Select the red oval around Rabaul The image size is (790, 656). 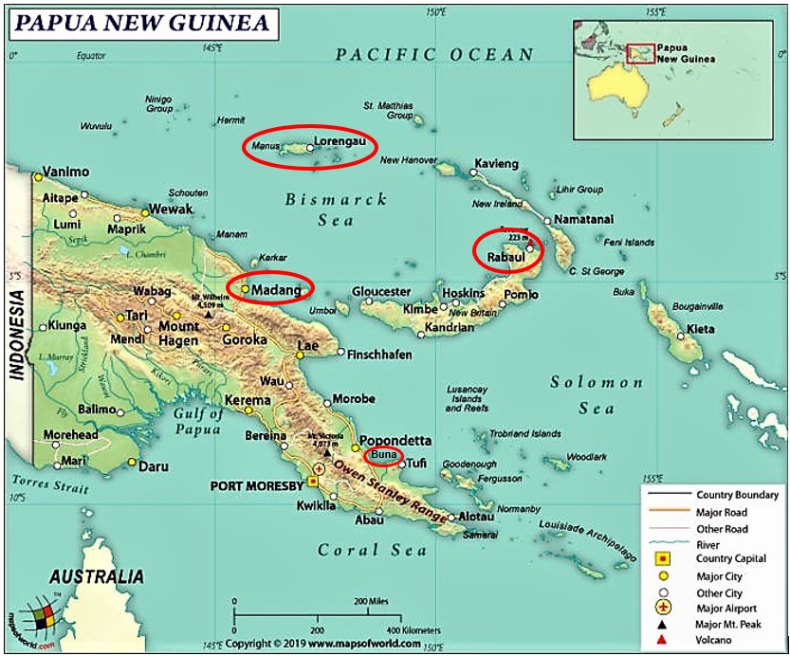tap(508, 250)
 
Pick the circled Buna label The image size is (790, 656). tap(383, 457)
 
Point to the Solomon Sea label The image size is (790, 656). tap(597, 394)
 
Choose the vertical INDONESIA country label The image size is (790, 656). tap(17, 336)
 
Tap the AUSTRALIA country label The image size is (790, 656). tap(97, 576)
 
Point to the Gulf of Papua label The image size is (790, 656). tap(199, 422)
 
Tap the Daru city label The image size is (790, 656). tap(154, 467)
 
